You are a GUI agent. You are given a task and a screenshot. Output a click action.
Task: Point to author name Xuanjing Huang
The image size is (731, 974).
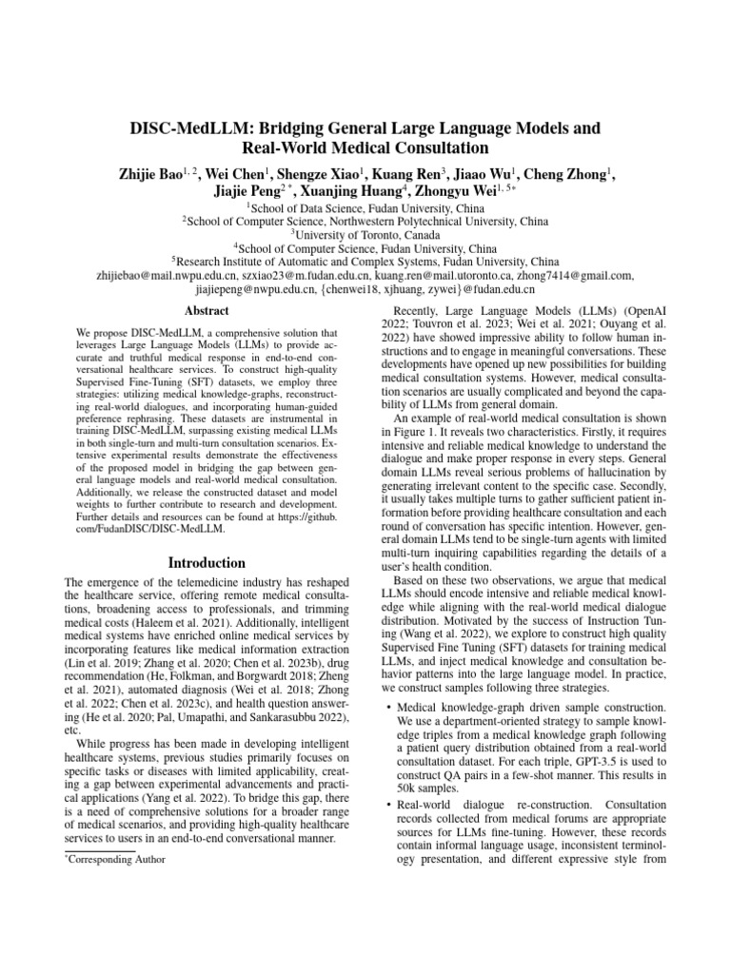360,190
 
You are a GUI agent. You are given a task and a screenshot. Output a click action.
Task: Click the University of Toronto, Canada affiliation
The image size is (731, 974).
365,234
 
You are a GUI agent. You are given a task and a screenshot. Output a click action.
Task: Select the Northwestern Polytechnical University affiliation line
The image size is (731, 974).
365,221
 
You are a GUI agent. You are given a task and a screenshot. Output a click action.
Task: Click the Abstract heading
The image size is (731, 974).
207,311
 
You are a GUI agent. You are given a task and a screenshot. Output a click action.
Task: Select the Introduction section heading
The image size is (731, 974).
207,563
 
